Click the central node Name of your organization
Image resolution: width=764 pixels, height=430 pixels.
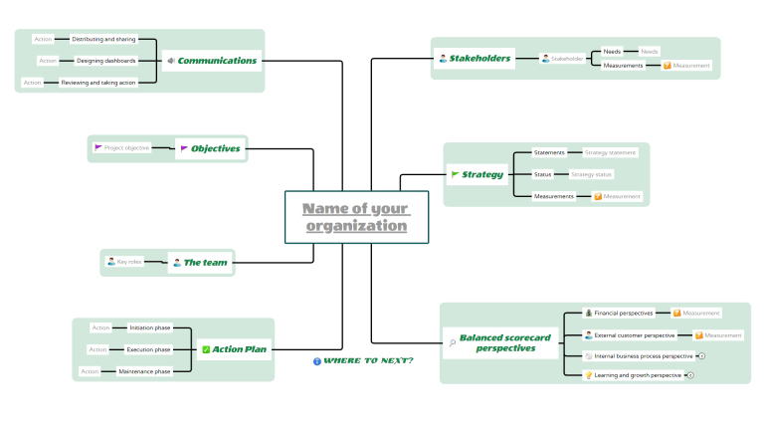coord(356,217)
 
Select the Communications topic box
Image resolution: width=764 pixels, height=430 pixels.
coord(212,61)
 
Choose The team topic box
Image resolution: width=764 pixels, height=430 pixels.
coord(200,263)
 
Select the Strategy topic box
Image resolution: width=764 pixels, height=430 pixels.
coord(477,175)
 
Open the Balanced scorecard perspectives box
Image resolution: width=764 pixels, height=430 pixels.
coord(498,342)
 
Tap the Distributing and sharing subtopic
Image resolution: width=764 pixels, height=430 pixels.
coord(104,40)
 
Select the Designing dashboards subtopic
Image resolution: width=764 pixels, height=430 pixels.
coord(105,61)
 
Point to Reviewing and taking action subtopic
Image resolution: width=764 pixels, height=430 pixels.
coord(98,83)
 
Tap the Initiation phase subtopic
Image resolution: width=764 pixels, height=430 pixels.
coord(149,327)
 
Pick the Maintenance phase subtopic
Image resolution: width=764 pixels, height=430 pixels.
coord(144,371)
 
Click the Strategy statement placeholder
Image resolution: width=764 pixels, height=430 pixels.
coord(610,152)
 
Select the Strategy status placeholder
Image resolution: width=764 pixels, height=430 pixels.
coord(592,174)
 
